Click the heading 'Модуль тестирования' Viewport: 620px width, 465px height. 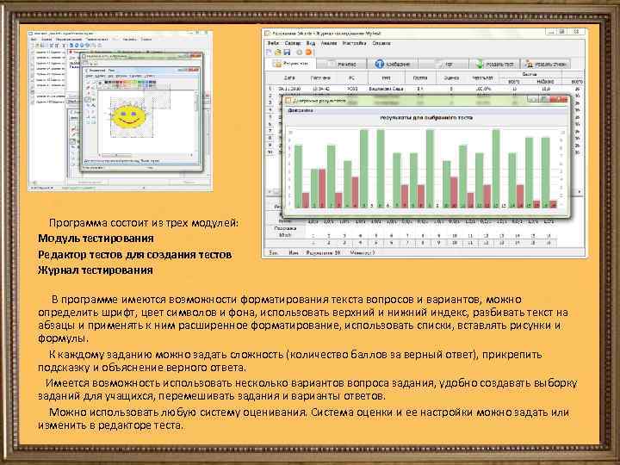96,238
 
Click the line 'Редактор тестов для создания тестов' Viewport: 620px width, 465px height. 134,254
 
